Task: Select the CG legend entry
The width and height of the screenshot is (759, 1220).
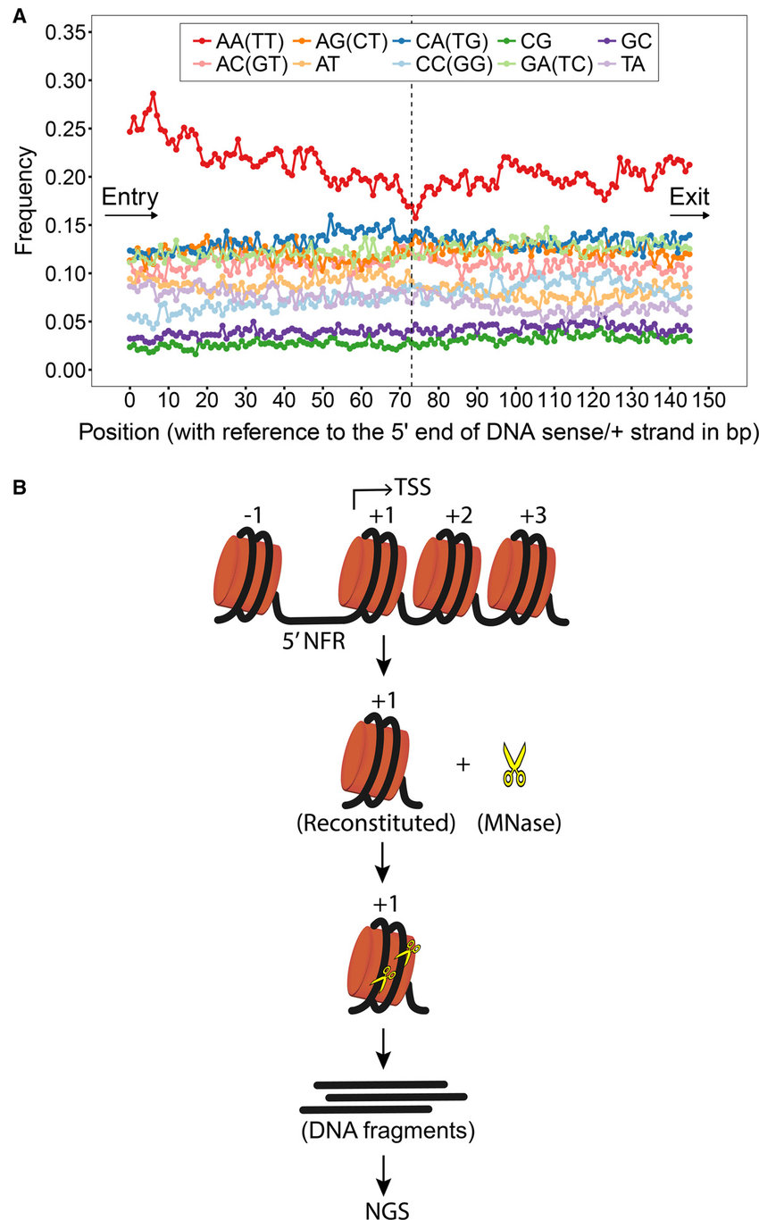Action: pyautogui.click(x=532, y=41)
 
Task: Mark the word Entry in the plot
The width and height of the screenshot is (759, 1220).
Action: pyautogui.click(x=129, y=196)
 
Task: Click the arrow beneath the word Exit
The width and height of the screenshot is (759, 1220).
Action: pyautogui.click(x=691, y=215)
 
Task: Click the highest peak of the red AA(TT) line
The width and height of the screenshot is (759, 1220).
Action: pyautogui.click(x=154, y=93)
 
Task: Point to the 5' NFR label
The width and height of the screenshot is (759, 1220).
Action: pyautogui.click(x=313, y=640)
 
